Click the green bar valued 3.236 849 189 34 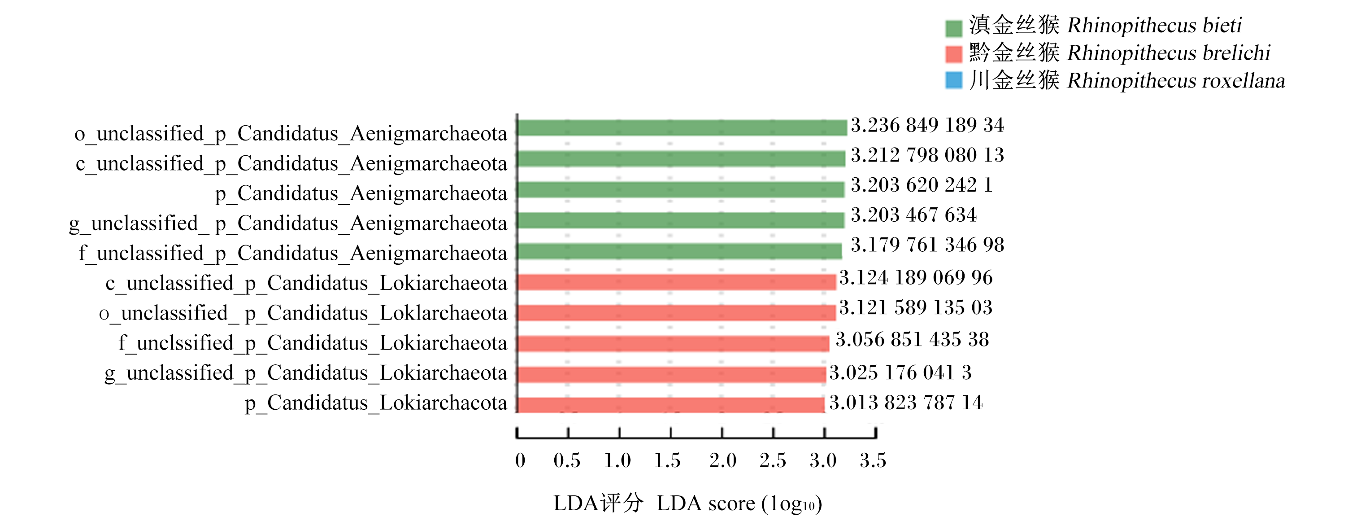click(682, 128)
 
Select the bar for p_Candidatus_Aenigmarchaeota click(681, 189)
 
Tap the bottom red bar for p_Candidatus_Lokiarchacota click(671, 405)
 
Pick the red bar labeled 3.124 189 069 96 click(677, 282)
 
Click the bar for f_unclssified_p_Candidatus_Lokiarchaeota click(674, 344)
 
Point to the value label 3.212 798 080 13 click(927, 155)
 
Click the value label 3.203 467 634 click(913, 215)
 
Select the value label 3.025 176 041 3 click(900, 372)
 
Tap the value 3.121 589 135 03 click(916, 307)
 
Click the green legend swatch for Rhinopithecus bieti click(953, 28)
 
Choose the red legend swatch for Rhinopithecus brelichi click(953, 54)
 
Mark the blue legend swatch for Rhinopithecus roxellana click(953, 80)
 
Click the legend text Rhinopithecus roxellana click(1176, 81)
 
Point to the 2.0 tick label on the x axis click(723, 460)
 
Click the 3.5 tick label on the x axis click(873, 460)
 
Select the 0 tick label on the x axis click(520, 460)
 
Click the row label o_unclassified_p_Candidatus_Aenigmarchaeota click(291, 134)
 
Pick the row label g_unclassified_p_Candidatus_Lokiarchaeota click(306, 373)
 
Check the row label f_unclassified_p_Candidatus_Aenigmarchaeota click(293, 254)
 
